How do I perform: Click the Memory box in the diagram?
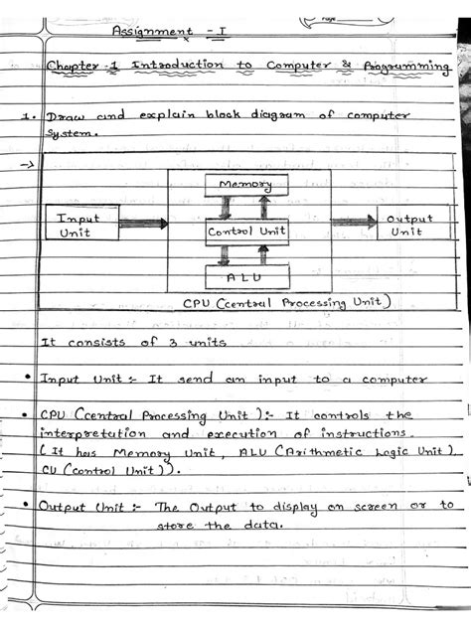(x=245, y=186)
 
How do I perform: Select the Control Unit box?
(x=245, y=232)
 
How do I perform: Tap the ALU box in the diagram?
(x=245, y=276)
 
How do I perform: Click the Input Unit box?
(x=80, y=224)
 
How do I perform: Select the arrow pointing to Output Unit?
(x=353, y=223)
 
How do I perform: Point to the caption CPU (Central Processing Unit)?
(x=288, y=302)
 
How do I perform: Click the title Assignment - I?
(x=170, y=32)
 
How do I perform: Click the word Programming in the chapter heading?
(x=408, y=69)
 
